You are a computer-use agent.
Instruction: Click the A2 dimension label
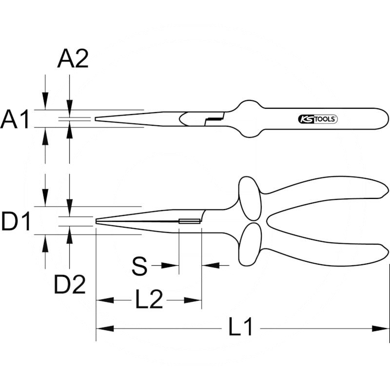click(x=73, y=59)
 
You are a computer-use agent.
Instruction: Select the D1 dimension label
click(x=16, y=222)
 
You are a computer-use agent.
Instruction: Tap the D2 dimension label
click(x=70, y=285)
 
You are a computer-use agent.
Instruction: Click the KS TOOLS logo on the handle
click(x=317, y=119)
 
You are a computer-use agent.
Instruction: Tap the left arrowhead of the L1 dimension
click(x=103, y=329)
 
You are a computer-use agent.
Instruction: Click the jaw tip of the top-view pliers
click(x=97, y=119)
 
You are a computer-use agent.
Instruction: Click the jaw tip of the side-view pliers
click(x=97, y=223)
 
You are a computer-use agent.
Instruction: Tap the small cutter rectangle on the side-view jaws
click(x=190, y=222)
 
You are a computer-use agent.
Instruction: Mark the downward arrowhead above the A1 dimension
click(x=45, y=103)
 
